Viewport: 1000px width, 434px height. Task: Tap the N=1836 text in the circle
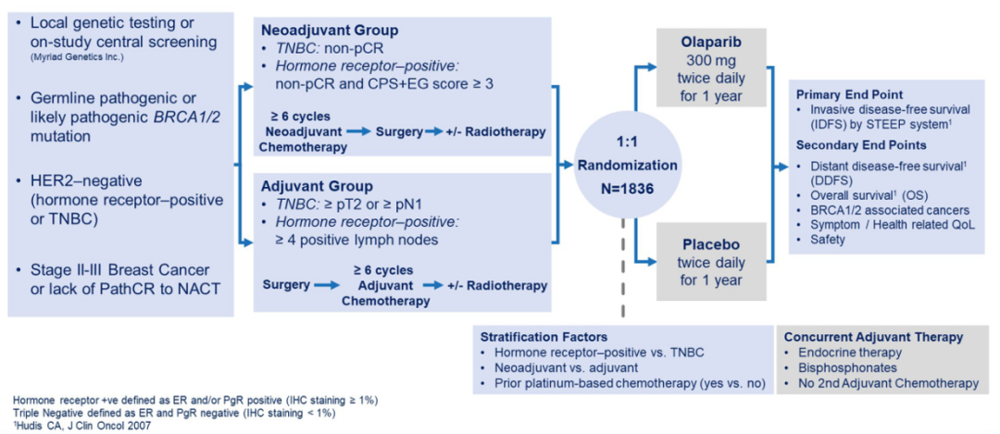pyautogui.click(x=611, y=182)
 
